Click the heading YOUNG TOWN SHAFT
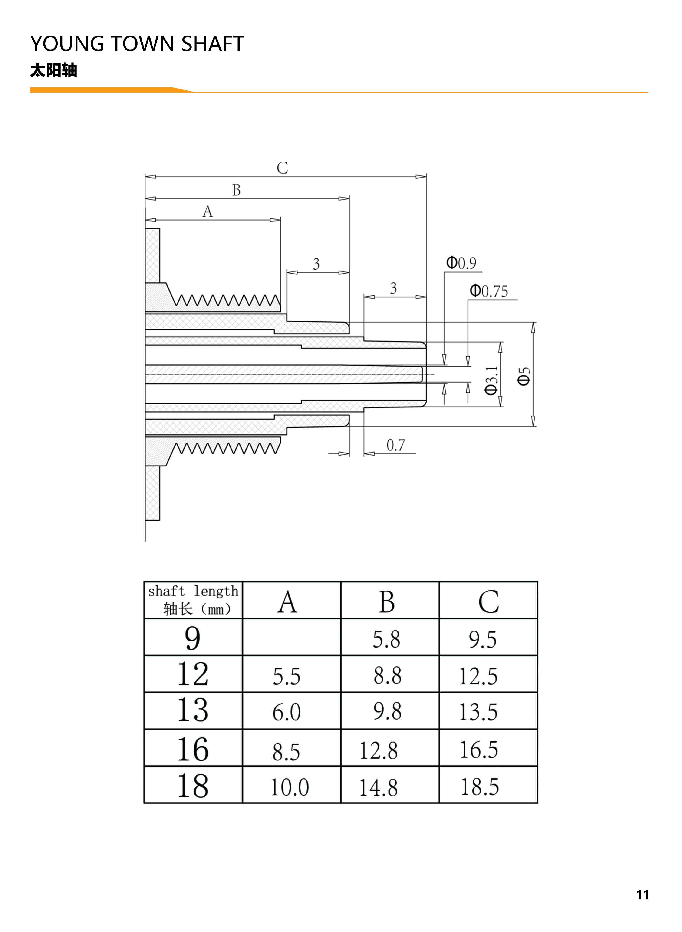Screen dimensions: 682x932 [x=137, y=44]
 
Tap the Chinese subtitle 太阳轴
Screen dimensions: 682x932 [x=54, y=71]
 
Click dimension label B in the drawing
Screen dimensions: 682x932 [x=236, y=190]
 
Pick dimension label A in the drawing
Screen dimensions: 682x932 [x=207, y=212]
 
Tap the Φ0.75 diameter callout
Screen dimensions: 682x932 [x=489, y=291]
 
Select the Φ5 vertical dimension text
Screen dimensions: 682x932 [x=524, y=376]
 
